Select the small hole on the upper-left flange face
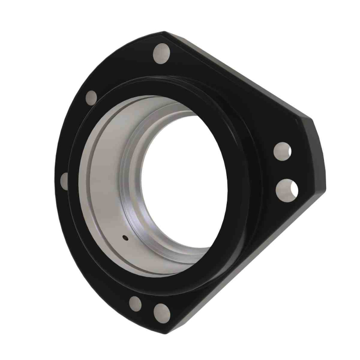click(x=91, y=96)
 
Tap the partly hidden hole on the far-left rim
click(x=64, y=181)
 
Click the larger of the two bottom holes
click(x=161, y=311)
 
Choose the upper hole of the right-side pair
click(x=282, y=151)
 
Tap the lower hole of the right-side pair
click(x=286, y=189)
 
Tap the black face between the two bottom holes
click(x=148, y=308)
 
